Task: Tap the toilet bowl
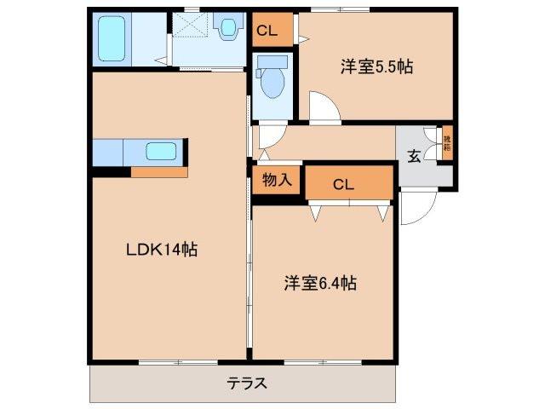tap(273, 82)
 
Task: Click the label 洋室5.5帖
tap(378, 66)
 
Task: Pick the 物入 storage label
tap(277, 180)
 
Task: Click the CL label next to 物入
tap(344, 183)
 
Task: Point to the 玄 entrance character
tap(414, 156)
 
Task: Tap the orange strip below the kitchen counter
tap(158, 172)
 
